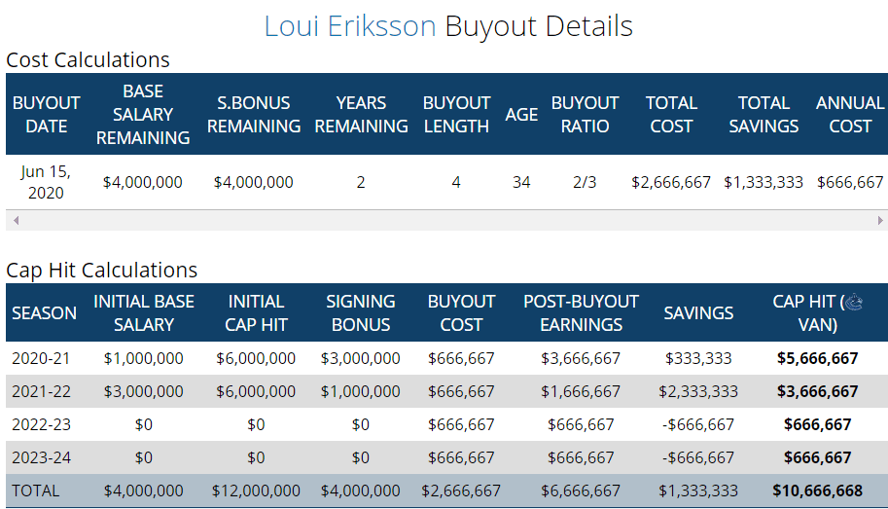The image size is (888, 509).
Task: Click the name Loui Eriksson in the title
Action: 349,26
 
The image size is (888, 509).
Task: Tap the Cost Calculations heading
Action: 88,59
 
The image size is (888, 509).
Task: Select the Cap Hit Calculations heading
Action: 101,270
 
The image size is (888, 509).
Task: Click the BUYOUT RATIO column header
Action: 585,114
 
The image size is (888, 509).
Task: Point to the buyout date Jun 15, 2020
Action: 46,182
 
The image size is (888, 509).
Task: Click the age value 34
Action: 521,182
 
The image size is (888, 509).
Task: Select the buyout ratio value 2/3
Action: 585,182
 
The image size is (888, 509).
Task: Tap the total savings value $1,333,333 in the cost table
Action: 764,182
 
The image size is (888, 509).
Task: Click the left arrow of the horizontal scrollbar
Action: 15,221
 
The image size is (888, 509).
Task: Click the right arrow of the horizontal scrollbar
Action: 881,221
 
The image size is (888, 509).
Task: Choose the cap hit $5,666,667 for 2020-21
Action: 817,358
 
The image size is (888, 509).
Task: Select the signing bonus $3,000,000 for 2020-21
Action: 360,358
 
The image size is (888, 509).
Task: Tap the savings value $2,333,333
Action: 698,391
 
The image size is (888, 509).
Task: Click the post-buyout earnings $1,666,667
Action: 581,391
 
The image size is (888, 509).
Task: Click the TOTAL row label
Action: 35,491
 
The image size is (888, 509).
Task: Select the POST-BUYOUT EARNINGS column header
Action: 581,312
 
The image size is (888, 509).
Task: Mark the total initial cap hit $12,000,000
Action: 256,491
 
